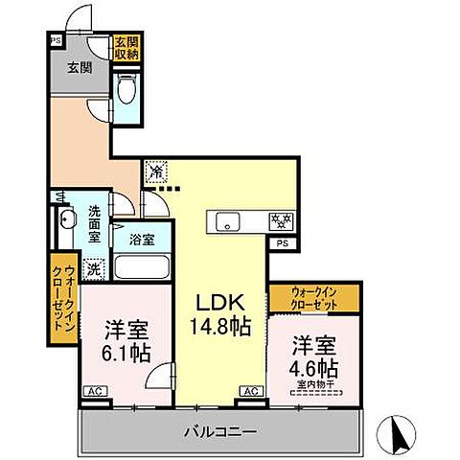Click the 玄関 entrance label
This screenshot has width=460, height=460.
tap(79, 67)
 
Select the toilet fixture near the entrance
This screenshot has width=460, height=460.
tap(126, 92)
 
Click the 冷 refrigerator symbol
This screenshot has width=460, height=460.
tap(155, 172)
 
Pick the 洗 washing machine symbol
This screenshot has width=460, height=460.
tap(93, 269)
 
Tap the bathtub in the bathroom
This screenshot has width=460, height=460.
tap(141, 266)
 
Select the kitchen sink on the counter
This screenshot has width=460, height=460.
tap(229, 221)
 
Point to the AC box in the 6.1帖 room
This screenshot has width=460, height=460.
tap(94, 392)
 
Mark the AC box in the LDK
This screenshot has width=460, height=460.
tap(251, 392)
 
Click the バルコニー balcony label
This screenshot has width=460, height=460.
tap(219, 431)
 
